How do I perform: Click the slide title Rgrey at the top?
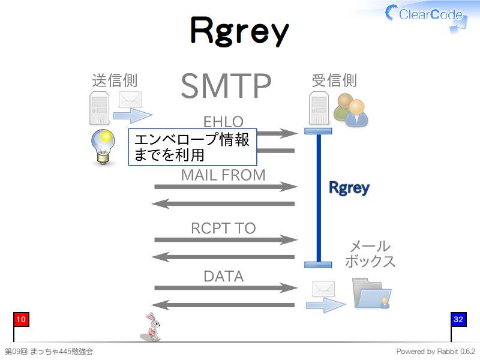(x=239, y=32)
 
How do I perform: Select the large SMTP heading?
(x=226, y=86)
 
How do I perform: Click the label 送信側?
(x=115, y=80)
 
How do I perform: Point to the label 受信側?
(x=334, y=80)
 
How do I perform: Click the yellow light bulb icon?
(x=103, y=147)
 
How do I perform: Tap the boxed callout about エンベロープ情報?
(x=193, y=147)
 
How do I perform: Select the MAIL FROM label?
(x=223, y=175)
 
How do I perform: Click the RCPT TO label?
(x=223, y=228)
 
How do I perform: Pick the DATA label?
(x=224, y=277)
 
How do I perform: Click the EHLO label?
(x=223, y=122)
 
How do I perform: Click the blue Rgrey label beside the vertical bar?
(x=349, y=188)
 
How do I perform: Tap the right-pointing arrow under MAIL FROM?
(x=226, y=187)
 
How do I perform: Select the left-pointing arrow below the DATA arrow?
(x=223, y=305)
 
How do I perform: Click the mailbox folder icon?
(x=371, y=293)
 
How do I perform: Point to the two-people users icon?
(x=351, y=110)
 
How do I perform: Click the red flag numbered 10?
(x=21, y=320)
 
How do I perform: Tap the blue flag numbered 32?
(x=458, y=320)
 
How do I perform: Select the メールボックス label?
(x=370, y=254)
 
